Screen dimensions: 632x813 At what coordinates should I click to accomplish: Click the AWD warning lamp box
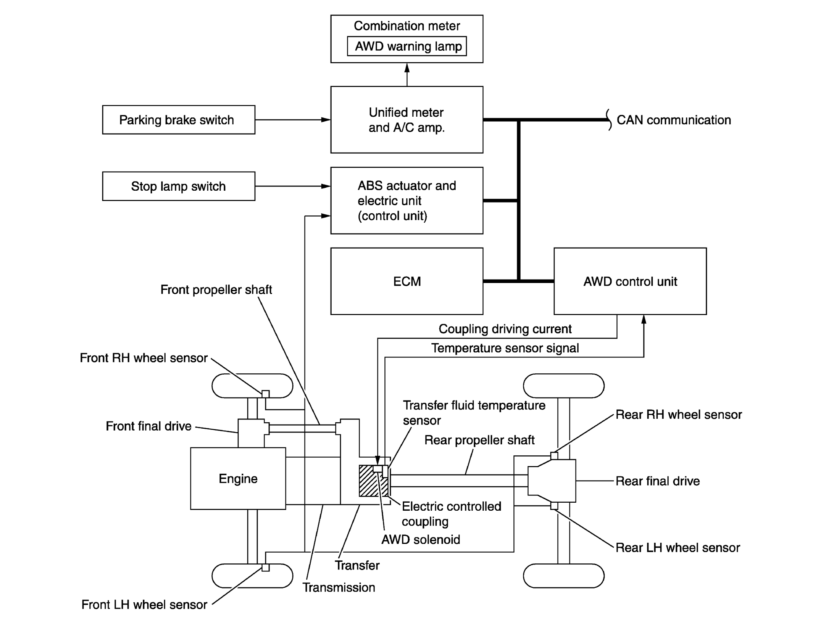406,46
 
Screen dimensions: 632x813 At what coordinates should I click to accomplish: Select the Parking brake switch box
178,120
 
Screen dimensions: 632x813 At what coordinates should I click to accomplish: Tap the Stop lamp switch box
178,186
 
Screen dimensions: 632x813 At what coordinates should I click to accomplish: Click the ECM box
406,281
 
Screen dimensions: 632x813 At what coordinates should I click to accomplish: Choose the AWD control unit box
630,281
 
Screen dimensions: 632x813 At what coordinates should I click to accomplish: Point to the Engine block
238,478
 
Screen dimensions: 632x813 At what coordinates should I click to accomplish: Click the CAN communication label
673,120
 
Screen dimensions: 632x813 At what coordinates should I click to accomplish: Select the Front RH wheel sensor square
265,394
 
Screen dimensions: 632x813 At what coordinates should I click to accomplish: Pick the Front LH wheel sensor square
265,568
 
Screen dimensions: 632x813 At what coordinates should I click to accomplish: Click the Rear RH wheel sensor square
554,455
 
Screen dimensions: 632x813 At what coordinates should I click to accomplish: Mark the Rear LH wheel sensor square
554,506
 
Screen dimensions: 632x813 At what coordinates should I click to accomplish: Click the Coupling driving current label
505,329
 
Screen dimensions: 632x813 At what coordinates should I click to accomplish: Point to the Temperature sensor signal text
505,348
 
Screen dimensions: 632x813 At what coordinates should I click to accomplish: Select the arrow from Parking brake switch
292,120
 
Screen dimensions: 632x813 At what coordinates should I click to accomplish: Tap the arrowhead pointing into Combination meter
407,68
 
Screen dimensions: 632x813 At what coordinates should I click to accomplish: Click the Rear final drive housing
553,481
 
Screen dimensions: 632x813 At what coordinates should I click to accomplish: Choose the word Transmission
339,587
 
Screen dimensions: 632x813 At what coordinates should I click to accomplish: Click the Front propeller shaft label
216,289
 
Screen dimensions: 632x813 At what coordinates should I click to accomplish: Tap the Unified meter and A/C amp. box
406,120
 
